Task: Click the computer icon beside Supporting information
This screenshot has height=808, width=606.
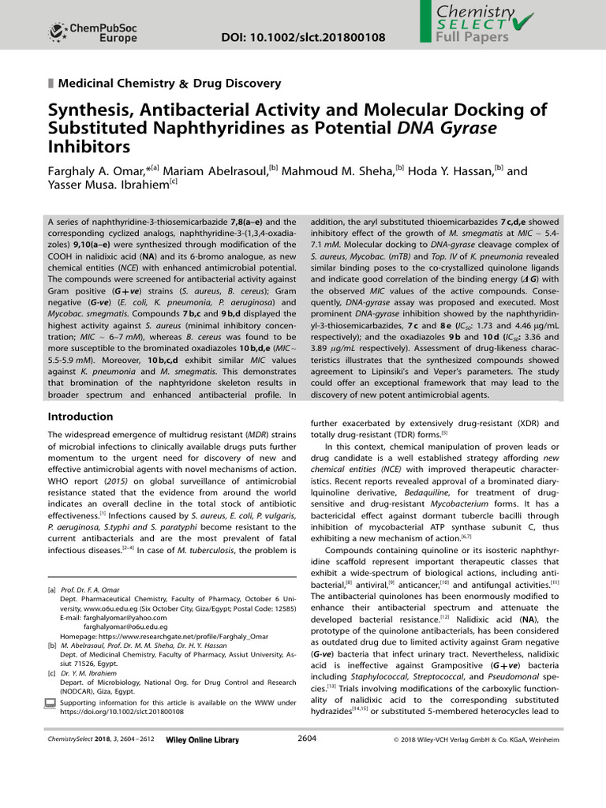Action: click(51, 702)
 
